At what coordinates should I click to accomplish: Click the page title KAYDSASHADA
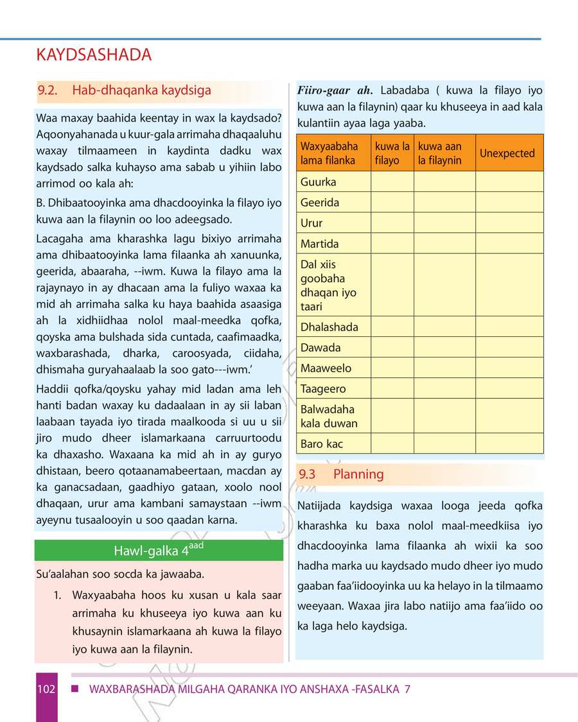(x=94, y=55)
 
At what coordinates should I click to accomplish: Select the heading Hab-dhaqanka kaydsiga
(x=141, y=90)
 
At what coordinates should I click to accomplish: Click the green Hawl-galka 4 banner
(x=159, y=551)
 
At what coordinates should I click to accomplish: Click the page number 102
(x=46, y=689)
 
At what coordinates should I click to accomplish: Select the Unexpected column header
(x=507, y=153)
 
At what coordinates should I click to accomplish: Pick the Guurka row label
(x=319, y=182)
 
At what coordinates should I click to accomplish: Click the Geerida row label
(x=320, y=203)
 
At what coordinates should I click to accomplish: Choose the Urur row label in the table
(x=311, y=223)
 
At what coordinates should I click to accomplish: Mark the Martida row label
(x=319, y=244)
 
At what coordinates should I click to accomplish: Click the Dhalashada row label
(x=329, y=327)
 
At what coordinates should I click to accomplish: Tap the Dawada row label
(x=320, y=348)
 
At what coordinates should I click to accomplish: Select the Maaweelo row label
(x=326, y=368)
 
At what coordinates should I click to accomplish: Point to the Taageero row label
(x=323, y=389)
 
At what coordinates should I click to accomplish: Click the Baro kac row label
(x=322, y=444)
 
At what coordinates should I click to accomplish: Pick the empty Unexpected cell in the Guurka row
(x=509, y=182)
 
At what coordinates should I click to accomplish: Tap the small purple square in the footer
(x=74, y=689)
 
